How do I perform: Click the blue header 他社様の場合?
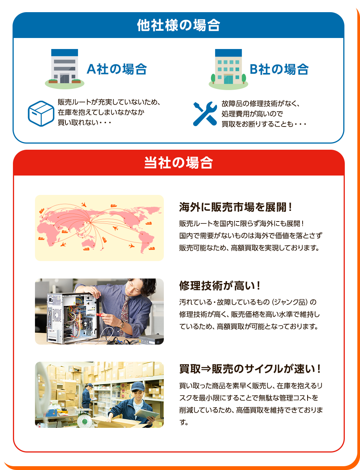click(178, 25)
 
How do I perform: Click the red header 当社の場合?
click(178, 163)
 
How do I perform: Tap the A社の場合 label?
click(117, 69)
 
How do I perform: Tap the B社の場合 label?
click(279, 69)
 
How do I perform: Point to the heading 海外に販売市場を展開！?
click(236, 207)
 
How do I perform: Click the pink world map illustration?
click(99, 228)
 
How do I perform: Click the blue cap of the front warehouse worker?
click(136, 387)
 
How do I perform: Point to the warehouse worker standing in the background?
click(87, 395)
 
